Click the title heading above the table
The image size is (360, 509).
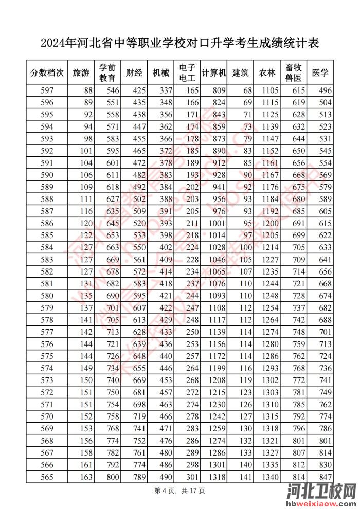pos(179,43)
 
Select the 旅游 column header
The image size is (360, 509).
pos(81,73)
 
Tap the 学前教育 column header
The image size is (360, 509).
pos(107,73)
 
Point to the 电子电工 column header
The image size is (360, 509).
pos(187,73)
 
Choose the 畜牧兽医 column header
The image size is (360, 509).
pos(294,73)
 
